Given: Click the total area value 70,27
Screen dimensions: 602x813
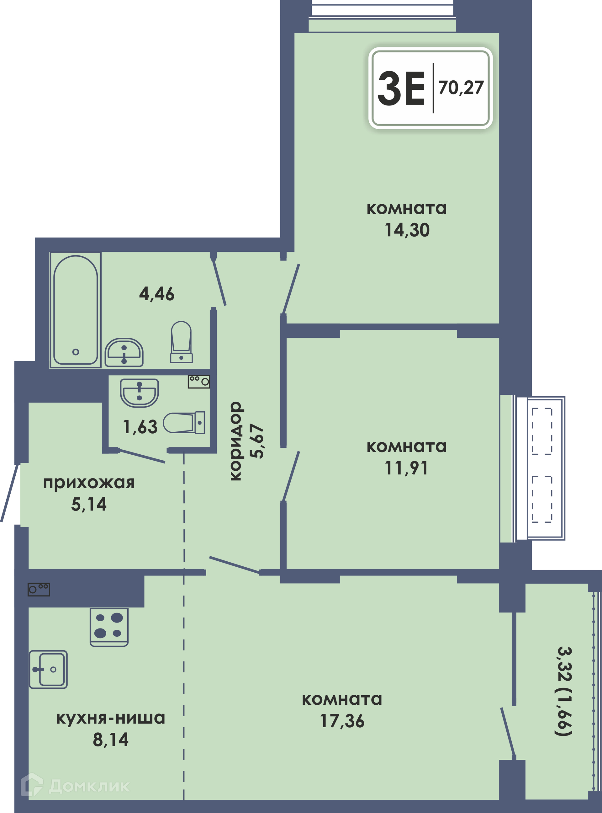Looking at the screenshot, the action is pos(461,88).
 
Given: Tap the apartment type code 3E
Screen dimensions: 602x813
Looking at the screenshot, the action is pos(401,88).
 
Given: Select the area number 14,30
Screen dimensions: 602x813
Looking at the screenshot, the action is pos(407,230).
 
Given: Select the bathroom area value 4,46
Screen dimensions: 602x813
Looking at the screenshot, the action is pos(157,294).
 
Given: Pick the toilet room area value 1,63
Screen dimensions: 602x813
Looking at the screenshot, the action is pos(140,427).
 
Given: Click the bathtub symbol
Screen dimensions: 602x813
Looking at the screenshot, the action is pos(76,310).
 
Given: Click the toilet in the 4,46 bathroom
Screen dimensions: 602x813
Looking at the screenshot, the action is pos(181,342).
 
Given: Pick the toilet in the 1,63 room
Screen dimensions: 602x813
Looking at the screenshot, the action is pos(184,423).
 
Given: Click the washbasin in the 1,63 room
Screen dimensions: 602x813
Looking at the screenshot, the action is pos(139,393).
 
